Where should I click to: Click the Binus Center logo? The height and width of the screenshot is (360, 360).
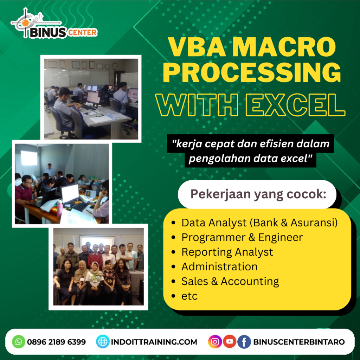[54, 24]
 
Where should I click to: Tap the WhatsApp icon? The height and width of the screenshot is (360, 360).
[19, 342]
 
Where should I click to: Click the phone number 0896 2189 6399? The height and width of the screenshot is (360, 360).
[56, 342]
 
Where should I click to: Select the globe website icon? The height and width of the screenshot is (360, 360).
[103, 342]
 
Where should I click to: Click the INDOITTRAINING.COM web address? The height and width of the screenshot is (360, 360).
[154, 342]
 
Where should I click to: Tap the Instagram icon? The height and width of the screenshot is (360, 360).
[215, 342]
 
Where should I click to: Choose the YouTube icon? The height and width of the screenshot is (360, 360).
[229, 342]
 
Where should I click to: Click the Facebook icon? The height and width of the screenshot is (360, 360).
[244, 342]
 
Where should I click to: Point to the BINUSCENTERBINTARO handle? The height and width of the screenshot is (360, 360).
[299, 342]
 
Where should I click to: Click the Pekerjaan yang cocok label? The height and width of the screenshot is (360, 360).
[258, 194]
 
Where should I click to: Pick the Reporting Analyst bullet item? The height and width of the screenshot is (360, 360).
[227, 252]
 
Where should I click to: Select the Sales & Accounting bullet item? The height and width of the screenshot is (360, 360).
[230, 281]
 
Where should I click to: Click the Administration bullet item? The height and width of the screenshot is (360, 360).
[219, 266]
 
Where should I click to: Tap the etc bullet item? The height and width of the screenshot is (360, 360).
[189, 296]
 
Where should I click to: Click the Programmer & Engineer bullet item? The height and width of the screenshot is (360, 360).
[242, 237]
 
